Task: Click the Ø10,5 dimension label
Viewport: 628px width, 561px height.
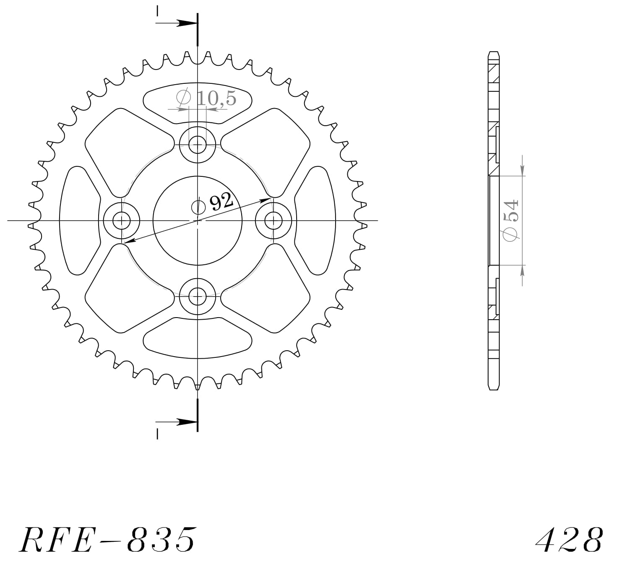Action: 207,98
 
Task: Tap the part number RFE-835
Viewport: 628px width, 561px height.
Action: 107,539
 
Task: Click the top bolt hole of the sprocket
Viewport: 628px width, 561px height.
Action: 197,145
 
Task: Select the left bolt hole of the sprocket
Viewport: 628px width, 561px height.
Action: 122,220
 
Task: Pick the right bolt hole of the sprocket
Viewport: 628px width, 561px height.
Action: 274,220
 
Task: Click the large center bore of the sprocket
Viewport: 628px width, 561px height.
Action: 197,235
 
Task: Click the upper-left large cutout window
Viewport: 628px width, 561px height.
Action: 126,151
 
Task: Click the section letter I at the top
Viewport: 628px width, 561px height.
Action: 157,11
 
